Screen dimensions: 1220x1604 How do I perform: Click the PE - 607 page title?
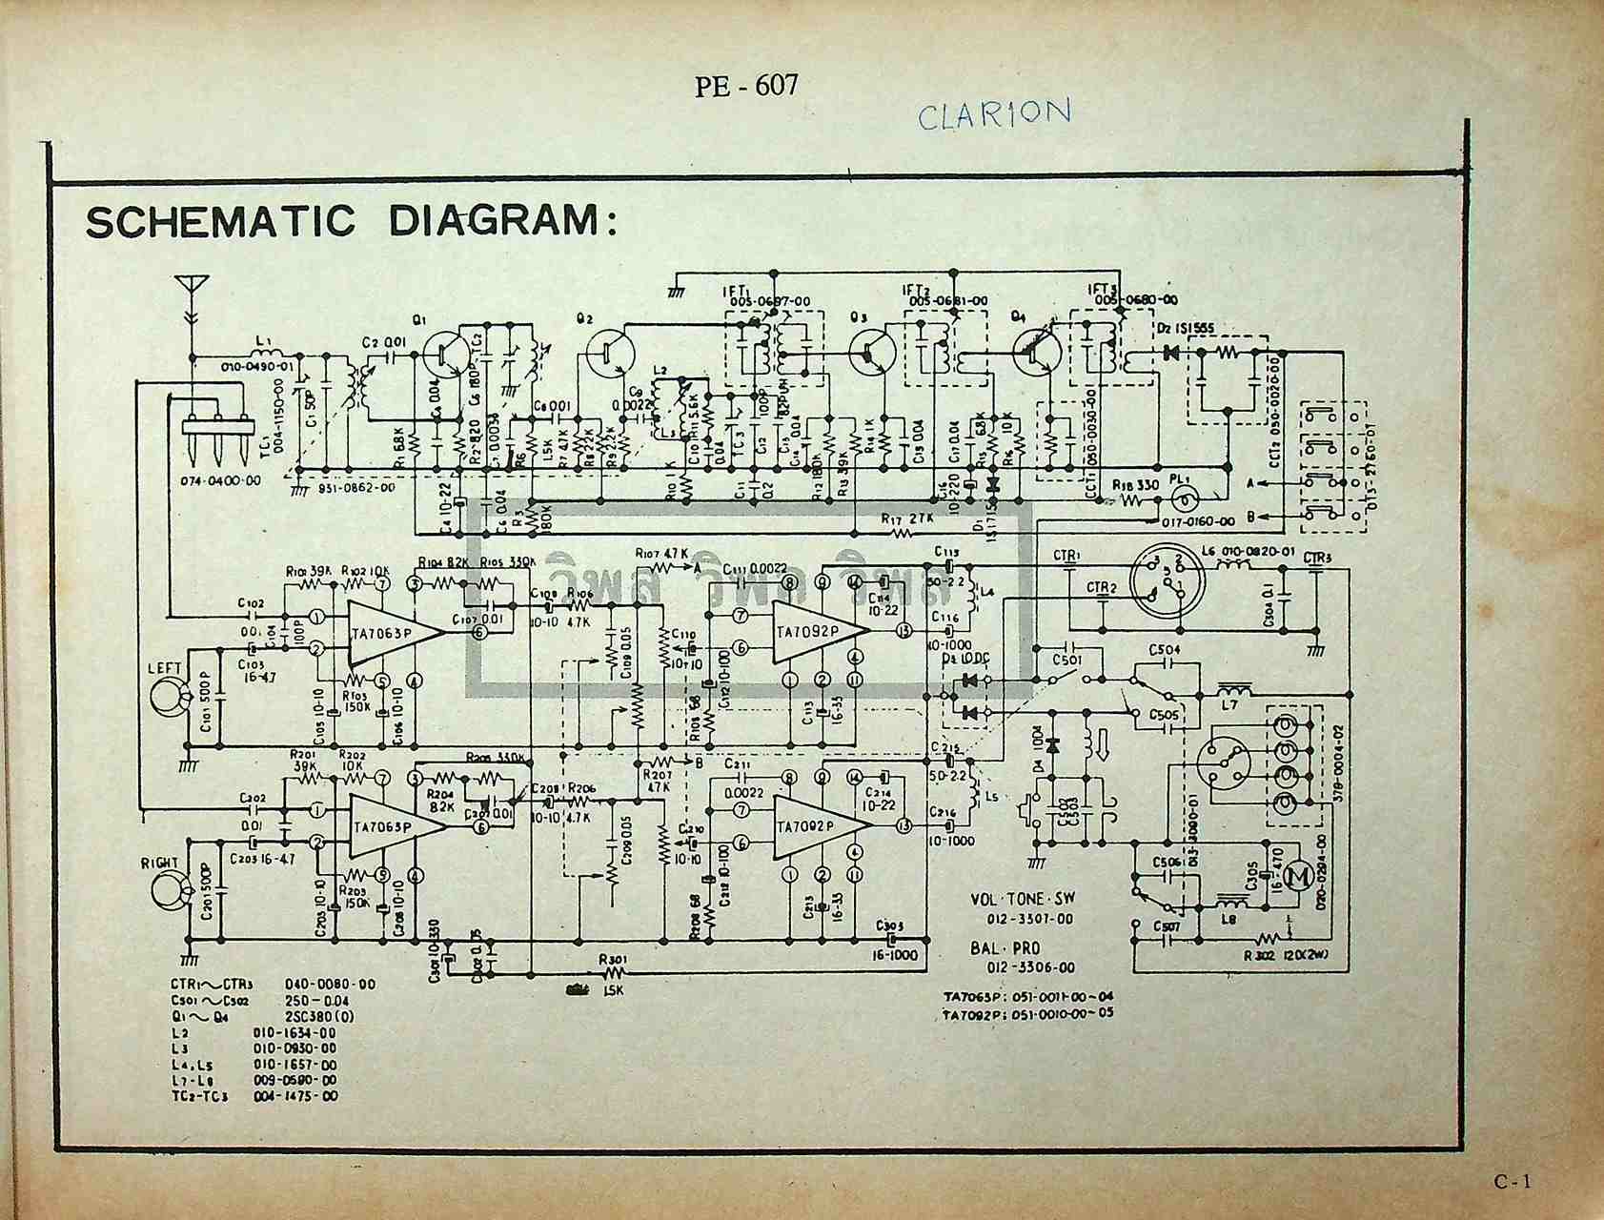click(x=745, y=86)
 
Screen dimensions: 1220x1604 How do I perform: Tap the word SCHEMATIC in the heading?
click(x=219, y=221)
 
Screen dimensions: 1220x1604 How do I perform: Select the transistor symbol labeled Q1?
click(x=444, y=355)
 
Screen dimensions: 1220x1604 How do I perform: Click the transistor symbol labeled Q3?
click(x=869, y=352)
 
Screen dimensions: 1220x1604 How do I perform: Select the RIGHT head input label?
click(x=159, y=864)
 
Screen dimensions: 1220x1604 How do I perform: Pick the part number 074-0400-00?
click(x=220, y=481)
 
